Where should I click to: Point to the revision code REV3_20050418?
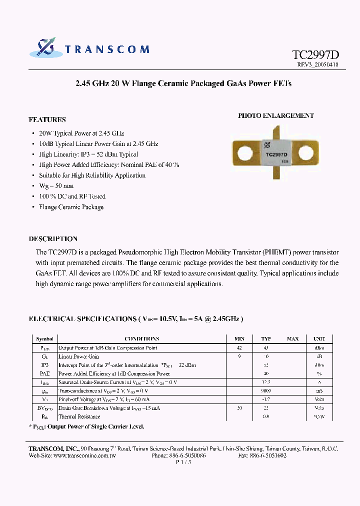point(317,65)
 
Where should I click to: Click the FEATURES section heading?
point(47,120)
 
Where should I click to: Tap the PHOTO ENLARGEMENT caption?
point(275,115)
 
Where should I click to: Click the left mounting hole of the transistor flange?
point(245,153)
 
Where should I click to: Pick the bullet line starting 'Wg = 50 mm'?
point(56,186)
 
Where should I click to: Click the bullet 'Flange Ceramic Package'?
point(71,207)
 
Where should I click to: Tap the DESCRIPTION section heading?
point(53,239)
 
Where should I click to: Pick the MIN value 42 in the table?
point(239,348)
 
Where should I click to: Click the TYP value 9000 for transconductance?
point(266,391)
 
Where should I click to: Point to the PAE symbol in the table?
point(44,373)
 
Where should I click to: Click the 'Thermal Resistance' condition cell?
point(79,416)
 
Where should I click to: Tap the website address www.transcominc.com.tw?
point(84,456)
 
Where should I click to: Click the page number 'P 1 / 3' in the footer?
point(183,462)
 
